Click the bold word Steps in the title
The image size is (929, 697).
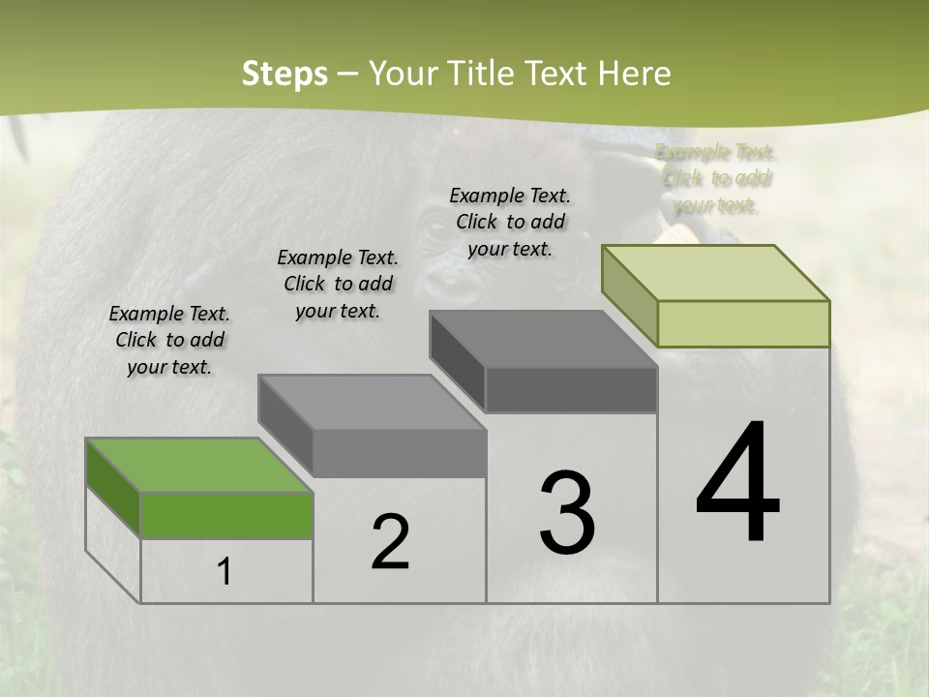click(x=285, y=74)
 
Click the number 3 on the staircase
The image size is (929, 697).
click(x=567, y=512)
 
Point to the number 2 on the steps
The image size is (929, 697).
click(x=390, y=542)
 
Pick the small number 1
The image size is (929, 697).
click(x=225, y=572)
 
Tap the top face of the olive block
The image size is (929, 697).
click(x=716, y=272)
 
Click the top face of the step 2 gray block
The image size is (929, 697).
click(x=373, y=402)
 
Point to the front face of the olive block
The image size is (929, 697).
click(x=743, y=323)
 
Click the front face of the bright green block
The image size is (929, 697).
click(x=226, y=515)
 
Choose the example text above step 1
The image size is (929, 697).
click(x=169, y=340)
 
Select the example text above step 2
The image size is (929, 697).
click(x=338, y=284)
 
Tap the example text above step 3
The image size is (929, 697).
click(x=510, y=222)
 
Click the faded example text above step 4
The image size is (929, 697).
click(x=716, y=178)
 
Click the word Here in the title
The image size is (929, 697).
click(x=635, y=74)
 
